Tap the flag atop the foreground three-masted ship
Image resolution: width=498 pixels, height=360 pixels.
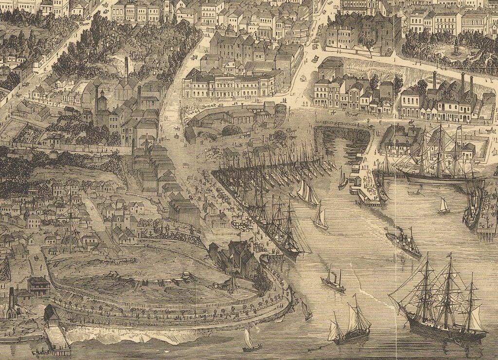coord(449,254)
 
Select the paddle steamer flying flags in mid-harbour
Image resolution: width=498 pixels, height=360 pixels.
coord(404,243)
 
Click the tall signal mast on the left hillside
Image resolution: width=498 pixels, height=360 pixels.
coord(71,219)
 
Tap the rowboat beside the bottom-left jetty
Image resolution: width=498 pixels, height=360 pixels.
coord(41,351)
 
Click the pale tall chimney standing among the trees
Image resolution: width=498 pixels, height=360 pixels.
coord(126,68)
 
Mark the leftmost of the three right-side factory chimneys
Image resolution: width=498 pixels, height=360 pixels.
coord(434,80)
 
